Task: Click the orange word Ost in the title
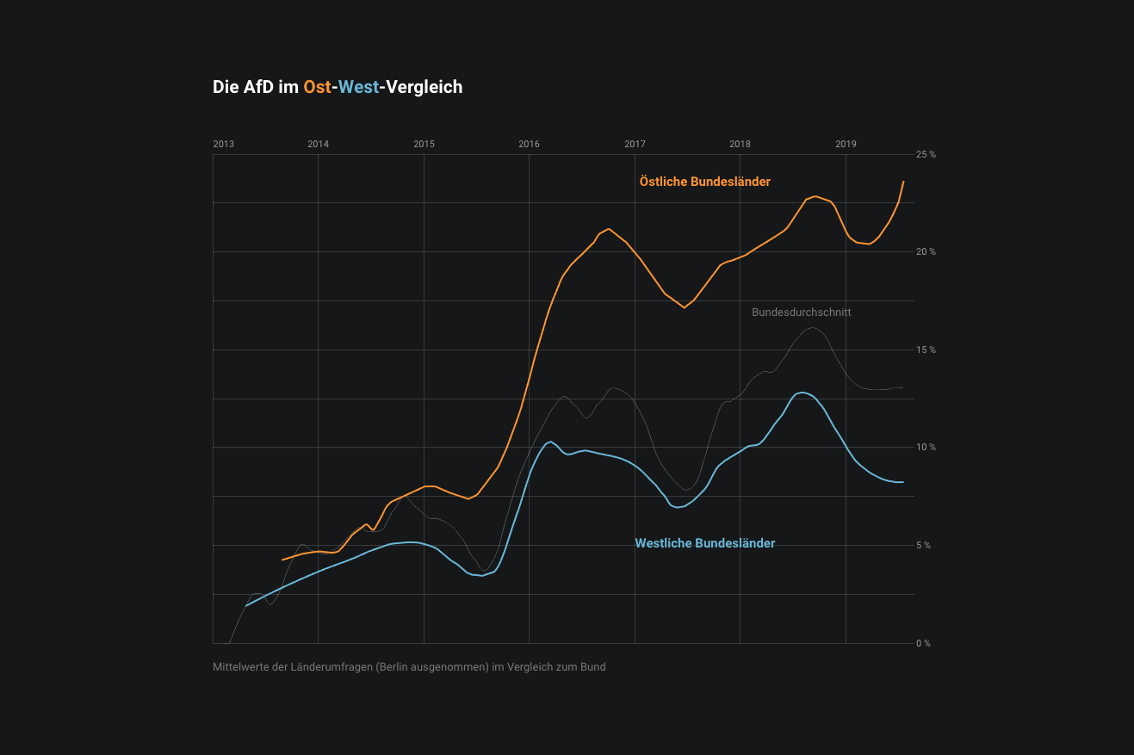(x=317, y=87)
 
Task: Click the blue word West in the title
(x=358, y=87)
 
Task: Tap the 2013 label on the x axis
(x=223, y=144)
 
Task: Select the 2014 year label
(x=318, y=144)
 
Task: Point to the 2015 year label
(x=424, y=144)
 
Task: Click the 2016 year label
(x=529, y=144)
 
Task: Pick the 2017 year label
(x=635, y=144)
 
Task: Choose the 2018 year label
(x=740, y=144)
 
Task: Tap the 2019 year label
(x=846, y=144)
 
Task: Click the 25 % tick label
(x=926, y=154)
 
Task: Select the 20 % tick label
(x=926, y=252)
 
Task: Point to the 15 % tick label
(x=926, y=350)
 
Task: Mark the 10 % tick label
(x=926, y=448)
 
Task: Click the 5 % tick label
(x=924, y=545)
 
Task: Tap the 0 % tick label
(x=923, y=643)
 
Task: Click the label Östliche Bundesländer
(x=704, y=182)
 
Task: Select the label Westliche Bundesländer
(x=704, y=543)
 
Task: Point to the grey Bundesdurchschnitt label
(x=801, y=313)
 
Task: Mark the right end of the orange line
(x=903, y=182)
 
